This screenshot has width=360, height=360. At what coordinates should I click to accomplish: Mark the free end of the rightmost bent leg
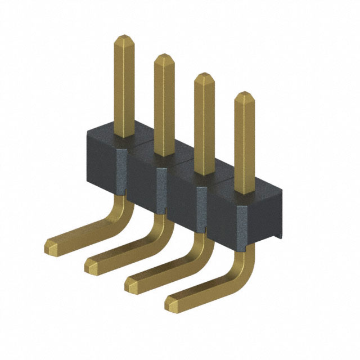[x=172, y=304]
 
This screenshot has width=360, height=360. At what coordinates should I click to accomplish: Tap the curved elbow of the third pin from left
[x=200, y=247]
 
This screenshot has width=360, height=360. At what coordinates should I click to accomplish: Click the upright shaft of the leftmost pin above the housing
[x=124, y=90]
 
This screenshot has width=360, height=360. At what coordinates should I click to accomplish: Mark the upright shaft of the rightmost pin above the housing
[x=244, y=146]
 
